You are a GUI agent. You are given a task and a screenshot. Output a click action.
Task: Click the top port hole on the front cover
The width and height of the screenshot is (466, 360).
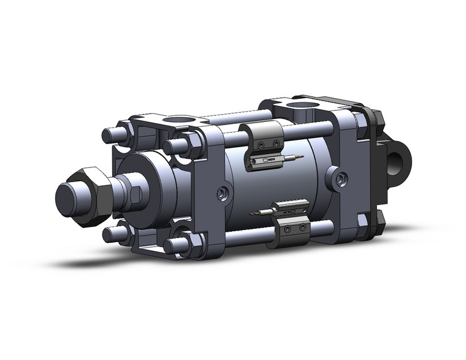point(180,120)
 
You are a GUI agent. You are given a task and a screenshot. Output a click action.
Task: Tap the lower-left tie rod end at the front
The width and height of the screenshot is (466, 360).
point(110,235)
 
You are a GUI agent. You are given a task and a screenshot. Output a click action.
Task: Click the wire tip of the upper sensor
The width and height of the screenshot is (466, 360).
point(299,158)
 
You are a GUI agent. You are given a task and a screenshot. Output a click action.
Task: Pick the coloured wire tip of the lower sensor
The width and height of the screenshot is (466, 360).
point(253,214)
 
